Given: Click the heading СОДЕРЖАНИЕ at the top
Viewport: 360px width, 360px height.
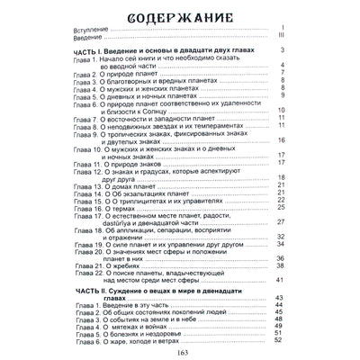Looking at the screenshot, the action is click(x=180, y=16).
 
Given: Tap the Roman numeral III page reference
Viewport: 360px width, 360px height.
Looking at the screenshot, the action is click(x=281, y=38).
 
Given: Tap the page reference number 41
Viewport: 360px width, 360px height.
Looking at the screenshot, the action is click(x=280, y=281).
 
